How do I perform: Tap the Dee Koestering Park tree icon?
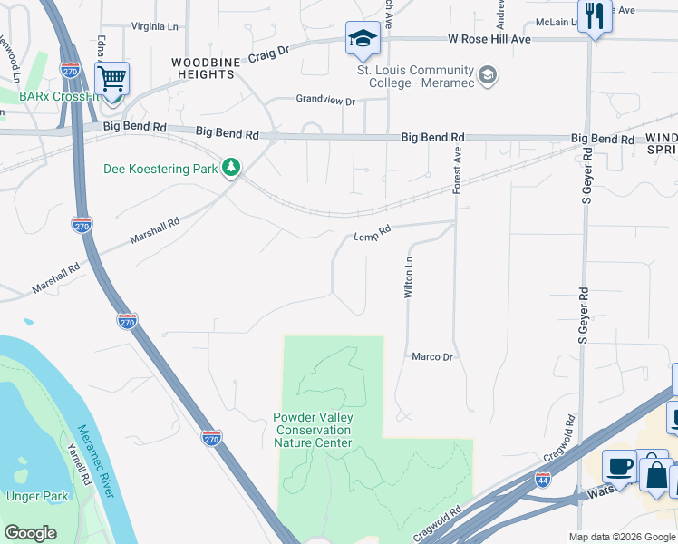click(232, 167)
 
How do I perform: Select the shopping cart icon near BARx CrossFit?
click(111, 79)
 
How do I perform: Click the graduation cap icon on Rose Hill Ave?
click(362, 39)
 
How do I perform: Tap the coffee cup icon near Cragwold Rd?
click(619, 466)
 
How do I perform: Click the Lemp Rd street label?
click(372, 234)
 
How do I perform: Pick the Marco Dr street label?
click(431, 357)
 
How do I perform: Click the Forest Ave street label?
click(458, 170)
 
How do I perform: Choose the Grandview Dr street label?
click(325, 101)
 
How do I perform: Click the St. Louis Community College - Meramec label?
click(416, 76)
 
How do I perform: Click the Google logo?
click(30, 533)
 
